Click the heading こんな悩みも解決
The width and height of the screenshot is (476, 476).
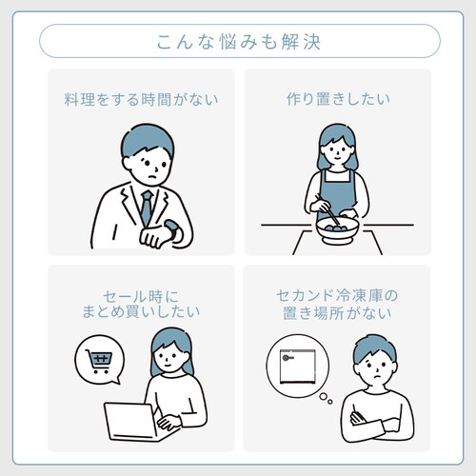point(239,42)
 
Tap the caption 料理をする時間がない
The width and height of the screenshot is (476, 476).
point(141,99)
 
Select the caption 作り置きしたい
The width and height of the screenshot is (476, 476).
point(338,99)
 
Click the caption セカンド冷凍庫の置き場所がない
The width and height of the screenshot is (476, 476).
point(337,304)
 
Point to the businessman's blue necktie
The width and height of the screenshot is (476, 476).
point(147,208)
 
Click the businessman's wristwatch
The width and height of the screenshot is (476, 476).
point(171,231)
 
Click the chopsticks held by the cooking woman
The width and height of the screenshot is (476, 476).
point(327,209)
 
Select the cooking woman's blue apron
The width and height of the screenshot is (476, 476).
point(338,193)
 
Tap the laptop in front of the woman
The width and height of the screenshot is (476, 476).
point(133,422)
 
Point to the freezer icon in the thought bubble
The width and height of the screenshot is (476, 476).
point(298,367)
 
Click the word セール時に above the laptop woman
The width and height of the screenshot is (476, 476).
point(141,296)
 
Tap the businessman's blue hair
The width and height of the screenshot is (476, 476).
point(147,141)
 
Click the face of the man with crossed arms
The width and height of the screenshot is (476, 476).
point(376,368)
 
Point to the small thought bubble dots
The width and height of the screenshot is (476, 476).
point(326,398)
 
